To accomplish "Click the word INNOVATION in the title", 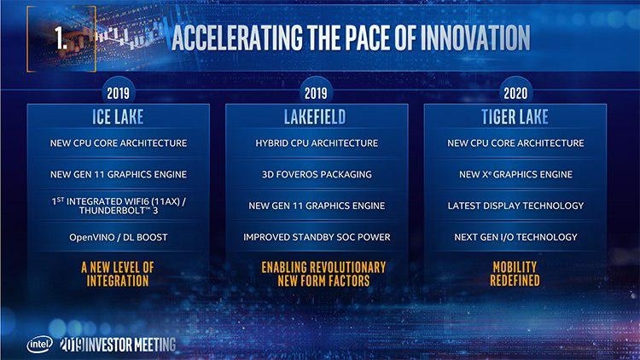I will point(462,38).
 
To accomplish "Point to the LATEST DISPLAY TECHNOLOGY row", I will point(515,206).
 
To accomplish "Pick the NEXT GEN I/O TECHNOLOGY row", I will point(515,236).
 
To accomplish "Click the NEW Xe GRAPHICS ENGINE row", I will point(515,174).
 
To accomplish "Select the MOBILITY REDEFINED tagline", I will point(515,273).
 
